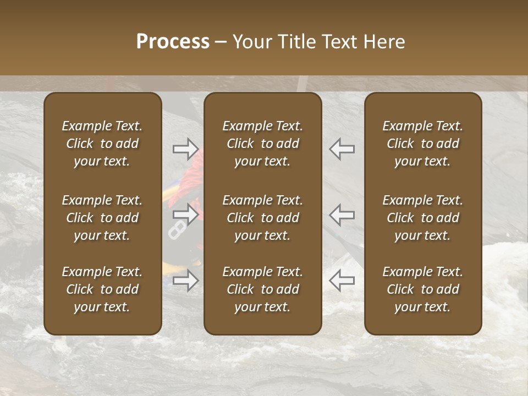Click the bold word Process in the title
(x=173, y=42)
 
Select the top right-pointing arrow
(x=185, y=148)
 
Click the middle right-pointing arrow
(x=185, y=214)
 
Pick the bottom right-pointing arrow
(x=185, y=280)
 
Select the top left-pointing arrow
(x=342, y=148)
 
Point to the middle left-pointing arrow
(x=342, y=214)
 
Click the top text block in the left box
(x=102, y=144)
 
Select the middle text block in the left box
(x=102, y=218)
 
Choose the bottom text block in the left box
(x=102, y=289)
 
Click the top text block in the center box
(x=263, y=144)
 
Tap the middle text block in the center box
(x=263, y=218)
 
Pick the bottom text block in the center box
(x=263, y=289)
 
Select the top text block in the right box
(x=423, y=144)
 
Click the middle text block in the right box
(x=423, y=218)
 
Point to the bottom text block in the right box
(x=423, y=289)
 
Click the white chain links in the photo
(x=177, y=229)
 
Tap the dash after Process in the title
(x=221, y=42)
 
